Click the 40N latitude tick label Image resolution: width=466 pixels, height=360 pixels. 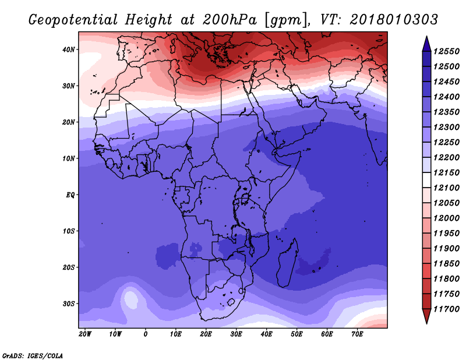[68, 50]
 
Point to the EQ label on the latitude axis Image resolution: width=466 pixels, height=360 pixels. [70, 195]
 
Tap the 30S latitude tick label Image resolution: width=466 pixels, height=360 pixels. [68, 304]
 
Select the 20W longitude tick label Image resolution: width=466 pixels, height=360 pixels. [85, 334]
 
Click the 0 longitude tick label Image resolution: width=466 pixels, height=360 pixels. [145, 334]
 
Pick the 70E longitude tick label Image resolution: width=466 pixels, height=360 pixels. [357, 334]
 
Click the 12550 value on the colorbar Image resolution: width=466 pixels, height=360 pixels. [446, 51]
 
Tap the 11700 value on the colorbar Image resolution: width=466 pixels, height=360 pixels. [446, 309]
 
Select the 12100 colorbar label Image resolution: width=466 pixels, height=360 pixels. [446, 188]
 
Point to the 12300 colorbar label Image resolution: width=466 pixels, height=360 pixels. [446, 127]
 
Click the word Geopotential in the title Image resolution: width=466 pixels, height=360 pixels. [73, 20]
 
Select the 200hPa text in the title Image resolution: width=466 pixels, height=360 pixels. [230, 20]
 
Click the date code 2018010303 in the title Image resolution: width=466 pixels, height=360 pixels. [394, 20]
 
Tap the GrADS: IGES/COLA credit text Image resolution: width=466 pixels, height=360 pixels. [33, 355]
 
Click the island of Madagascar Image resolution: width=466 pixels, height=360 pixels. [287, 263]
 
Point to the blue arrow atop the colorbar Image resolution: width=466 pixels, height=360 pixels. [426, 44]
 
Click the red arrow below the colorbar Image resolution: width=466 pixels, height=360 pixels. [426, 316]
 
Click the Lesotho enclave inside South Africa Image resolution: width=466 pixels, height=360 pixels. [231, 302]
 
